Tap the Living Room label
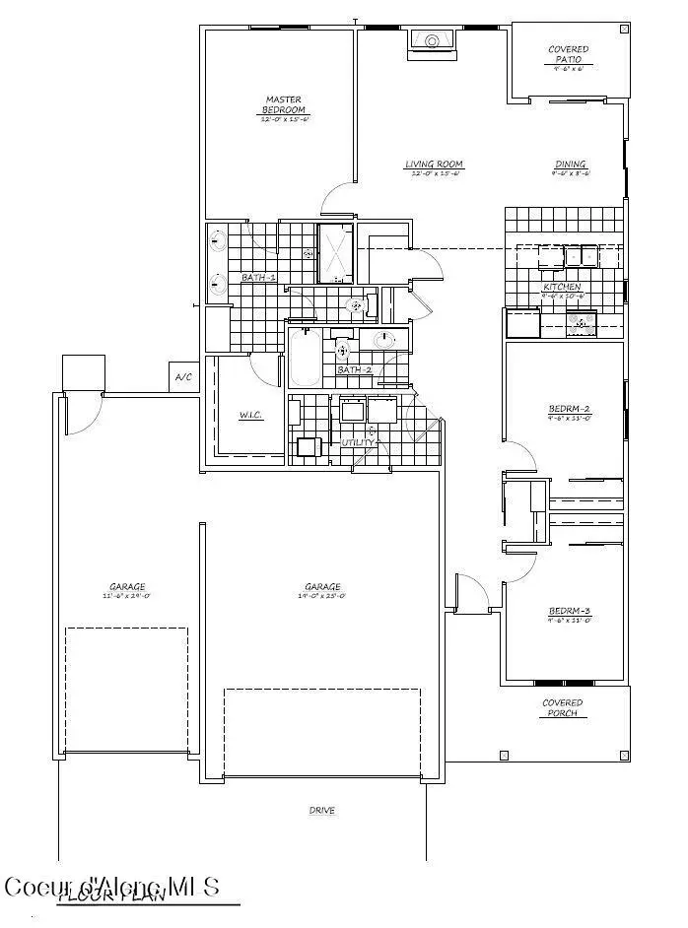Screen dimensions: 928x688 tap(434, 165)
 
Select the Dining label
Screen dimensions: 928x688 tap(570, 165)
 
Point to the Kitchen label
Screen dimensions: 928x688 tap(562, 287)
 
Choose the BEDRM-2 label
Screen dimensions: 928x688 tap(569, 410)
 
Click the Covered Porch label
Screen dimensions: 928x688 tap(563, 708)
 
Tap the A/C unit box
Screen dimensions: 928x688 tap(183, 377)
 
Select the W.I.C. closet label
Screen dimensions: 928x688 tap(250, 415)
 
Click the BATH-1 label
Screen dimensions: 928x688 tap(258, 278)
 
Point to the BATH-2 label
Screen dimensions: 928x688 tap(353, 369)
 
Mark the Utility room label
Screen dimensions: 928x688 tap(357, 442)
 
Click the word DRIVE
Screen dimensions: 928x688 tap(322, 811)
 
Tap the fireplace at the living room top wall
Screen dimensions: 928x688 tap(431, 40)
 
